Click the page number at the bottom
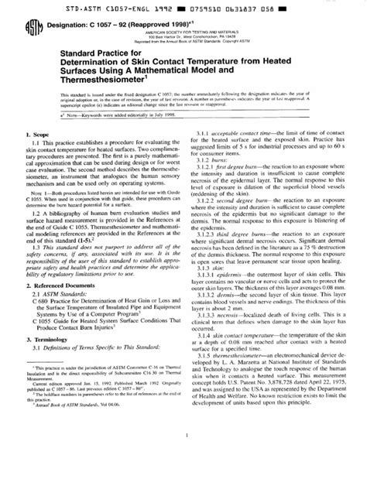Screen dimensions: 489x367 pyautogui.click(x=183, y=477)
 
